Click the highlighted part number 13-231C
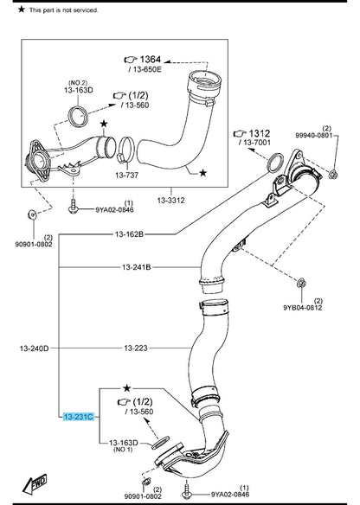coord(79,417)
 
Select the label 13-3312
coord(170,201)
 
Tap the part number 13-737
coord(126,176)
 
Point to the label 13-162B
coord(129,234)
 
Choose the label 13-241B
coord(137,267)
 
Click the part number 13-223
coord(136,348)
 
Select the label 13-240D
coord(34,348)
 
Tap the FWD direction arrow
coord(34,484)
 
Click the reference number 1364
coord(151,60)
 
